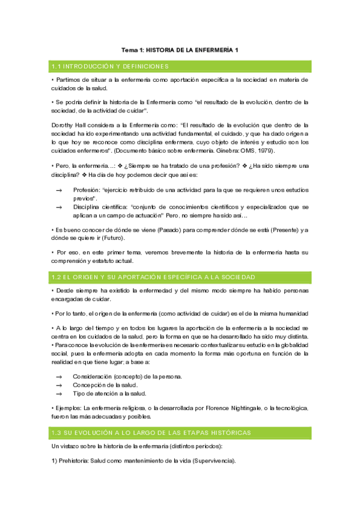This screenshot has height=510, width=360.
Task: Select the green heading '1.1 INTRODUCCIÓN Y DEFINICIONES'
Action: click(110, 66)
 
